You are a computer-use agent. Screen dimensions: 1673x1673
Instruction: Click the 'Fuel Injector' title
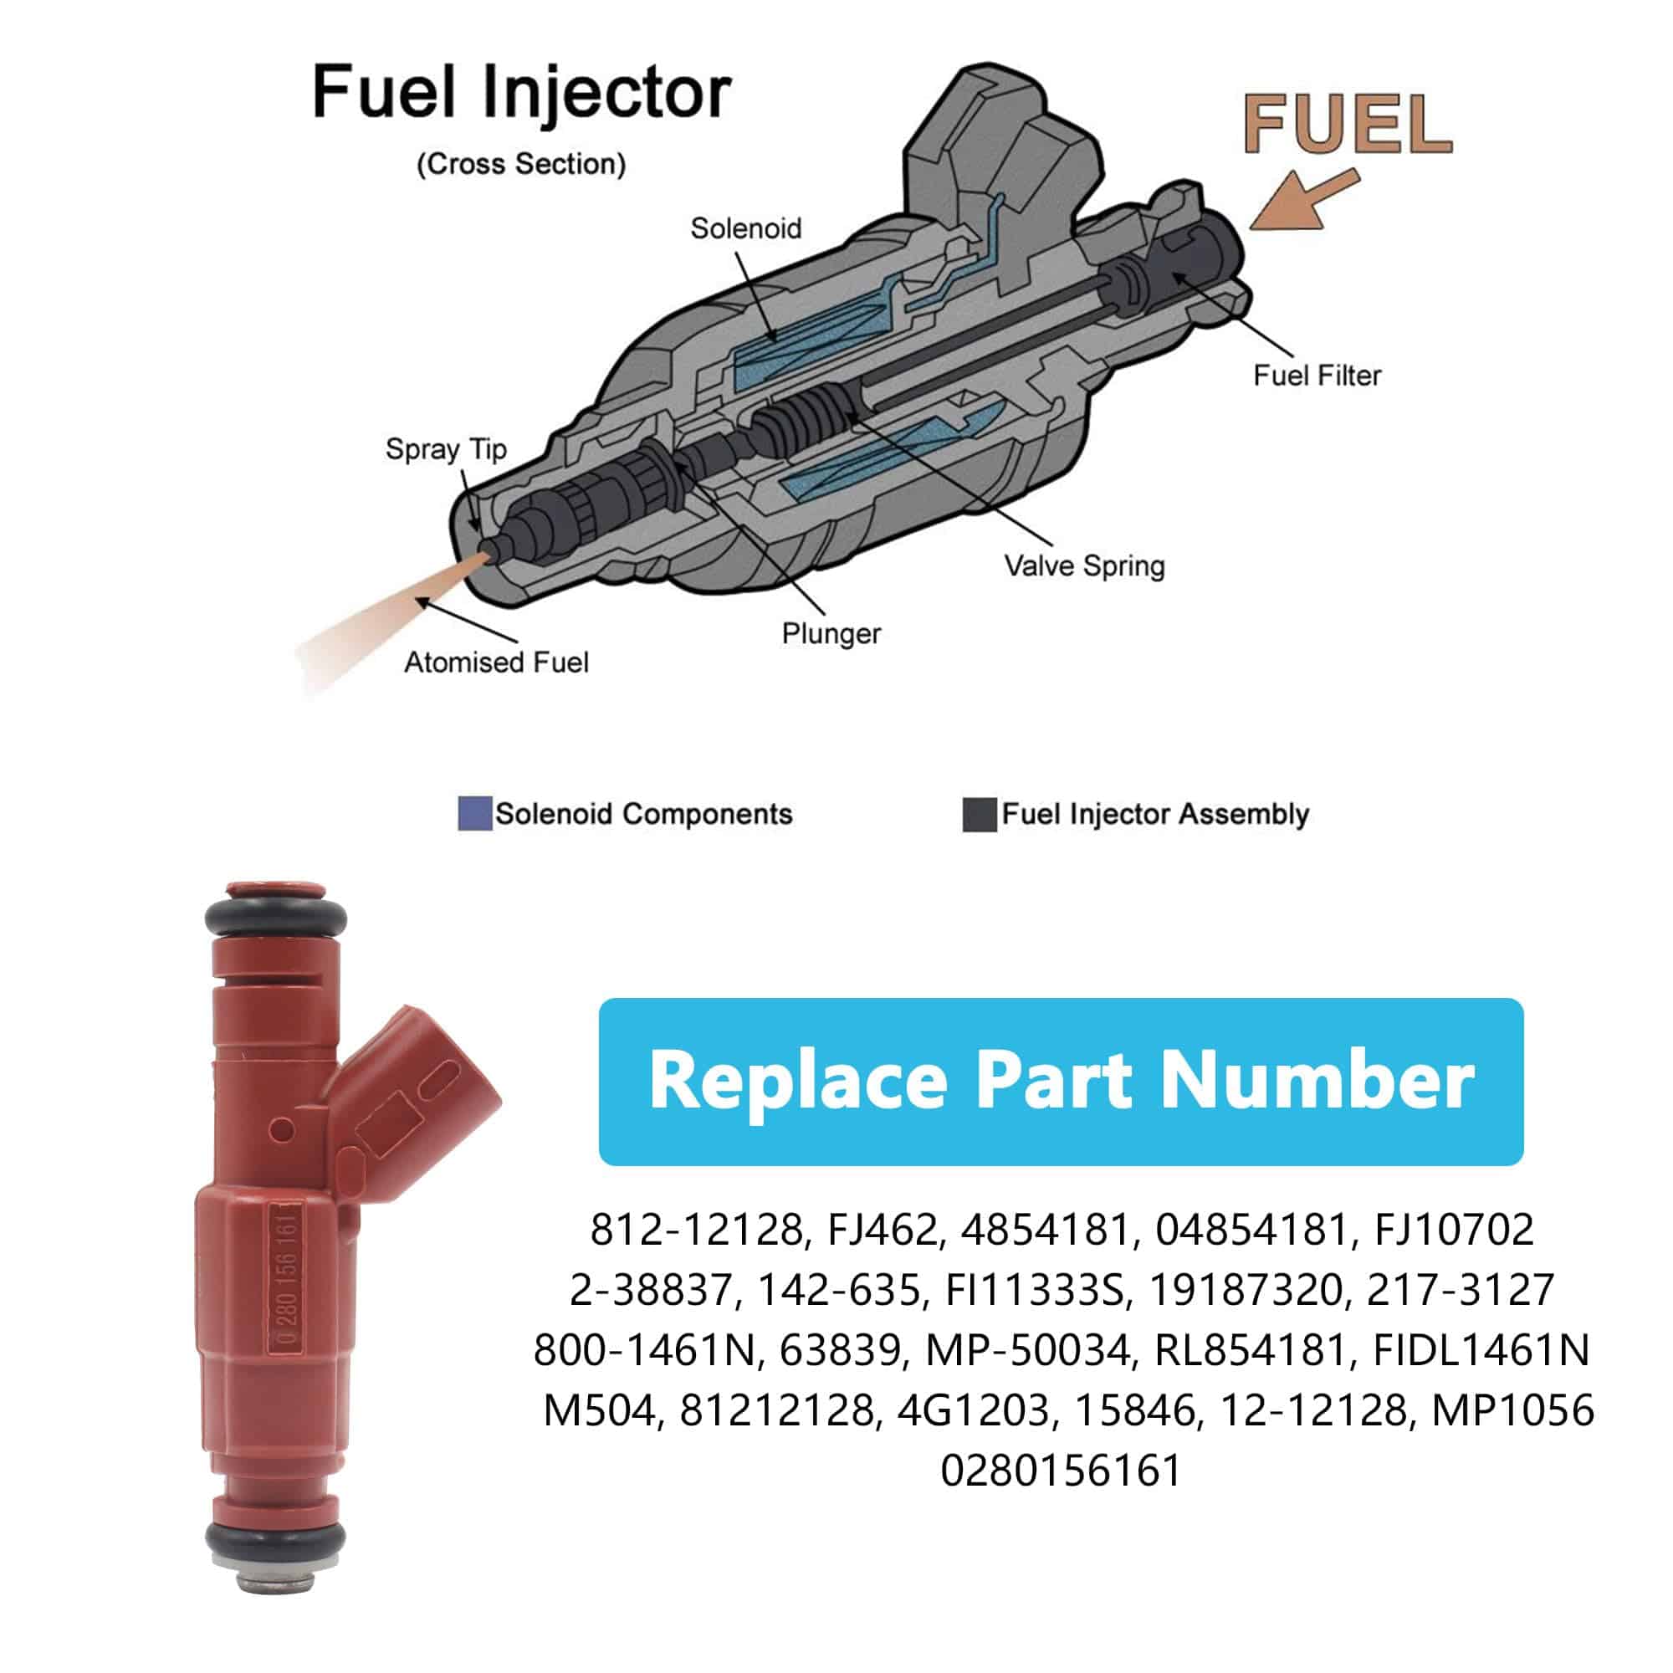click(521, 93)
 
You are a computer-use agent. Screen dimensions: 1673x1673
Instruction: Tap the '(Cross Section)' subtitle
click(521, 165)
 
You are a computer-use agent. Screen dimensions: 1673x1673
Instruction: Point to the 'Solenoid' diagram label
click(745, 228)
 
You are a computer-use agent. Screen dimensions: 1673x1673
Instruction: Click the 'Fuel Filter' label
click(1316, 376)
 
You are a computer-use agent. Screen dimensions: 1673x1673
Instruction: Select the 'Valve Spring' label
click(1084, 566)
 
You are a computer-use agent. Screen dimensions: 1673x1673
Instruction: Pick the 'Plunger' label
click(831, 634)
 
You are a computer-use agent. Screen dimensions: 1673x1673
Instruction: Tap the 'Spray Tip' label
click(446, 449)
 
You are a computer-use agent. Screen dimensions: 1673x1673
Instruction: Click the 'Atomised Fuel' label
click(496, 663)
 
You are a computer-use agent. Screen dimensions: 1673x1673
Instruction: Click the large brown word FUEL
click(1348, 125)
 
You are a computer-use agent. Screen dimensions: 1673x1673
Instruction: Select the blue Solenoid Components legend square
click(474, 814)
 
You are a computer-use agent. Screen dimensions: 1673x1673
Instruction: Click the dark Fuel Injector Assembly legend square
click(980, 815)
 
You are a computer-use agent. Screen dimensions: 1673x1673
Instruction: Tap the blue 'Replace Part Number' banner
click(1061, 1081)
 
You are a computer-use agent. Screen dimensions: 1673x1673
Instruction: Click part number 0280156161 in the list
click(1061, 1471)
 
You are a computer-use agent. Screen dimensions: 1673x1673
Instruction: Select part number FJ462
click(883, 1230)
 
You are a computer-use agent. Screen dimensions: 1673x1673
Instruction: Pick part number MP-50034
click(1029, 1350)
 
